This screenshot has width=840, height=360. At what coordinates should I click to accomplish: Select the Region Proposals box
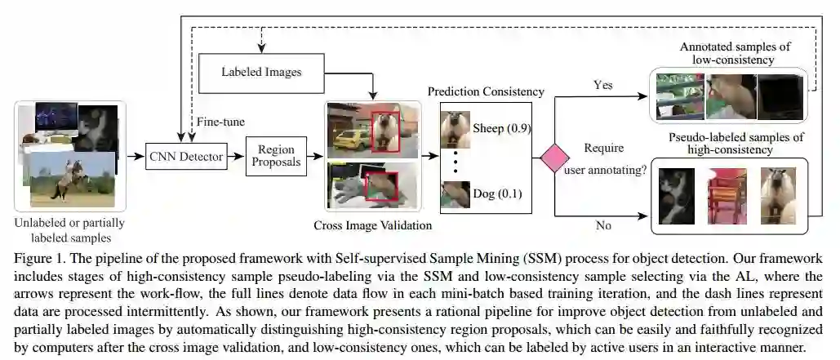276,156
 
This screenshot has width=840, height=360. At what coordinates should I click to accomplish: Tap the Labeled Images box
261,71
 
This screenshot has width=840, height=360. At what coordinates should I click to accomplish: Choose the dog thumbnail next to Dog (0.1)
454,194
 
